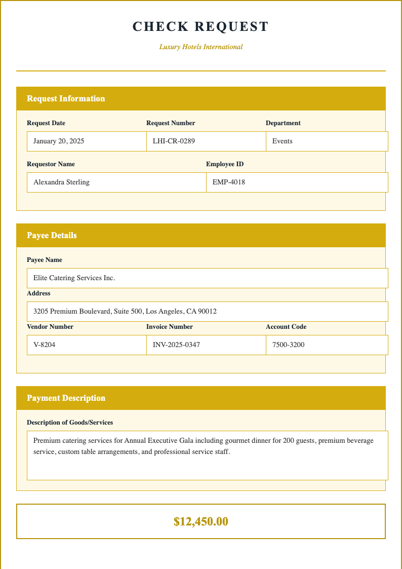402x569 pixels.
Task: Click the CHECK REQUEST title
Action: (201, 27)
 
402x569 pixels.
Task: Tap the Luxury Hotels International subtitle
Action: (201, 47)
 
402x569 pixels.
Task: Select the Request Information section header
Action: (66, 99)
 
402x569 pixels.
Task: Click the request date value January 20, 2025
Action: (59, 141)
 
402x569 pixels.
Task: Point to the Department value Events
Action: (283, 141)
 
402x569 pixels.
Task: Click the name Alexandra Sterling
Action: (61, 182)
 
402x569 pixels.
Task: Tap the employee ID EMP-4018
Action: (229, 182)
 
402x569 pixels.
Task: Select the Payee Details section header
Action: (52, 236)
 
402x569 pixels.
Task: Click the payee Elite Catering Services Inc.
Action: (74, 278)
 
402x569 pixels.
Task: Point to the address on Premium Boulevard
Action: (125, 312)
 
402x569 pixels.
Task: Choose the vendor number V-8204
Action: (45, 345)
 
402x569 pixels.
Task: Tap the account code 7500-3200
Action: (289, 345)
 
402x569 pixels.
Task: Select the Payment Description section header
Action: (66, 398)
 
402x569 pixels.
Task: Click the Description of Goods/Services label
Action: (70, 423)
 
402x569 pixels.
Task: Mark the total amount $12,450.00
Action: (201, 521)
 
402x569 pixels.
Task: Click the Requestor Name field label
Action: (51, 164)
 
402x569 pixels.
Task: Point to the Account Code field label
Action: (286, 327)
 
